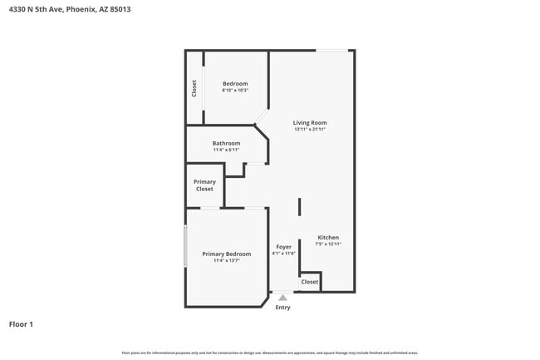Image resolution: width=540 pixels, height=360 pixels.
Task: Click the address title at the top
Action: coord(69,9)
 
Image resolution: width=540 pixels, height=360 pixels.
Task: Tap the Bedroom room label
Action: coord(235,83)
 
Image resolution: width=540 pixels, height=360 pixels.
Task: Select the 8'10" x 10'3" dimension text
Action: coord(235,91)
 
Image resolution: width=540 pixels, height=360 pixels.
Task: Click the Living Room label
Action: coord(310,123)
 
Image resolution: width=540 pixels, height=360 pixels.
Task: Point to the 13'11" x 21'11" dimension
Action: coord(310,130)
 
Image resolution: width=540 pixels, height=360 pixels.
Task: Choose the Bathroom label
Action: coord(226,143)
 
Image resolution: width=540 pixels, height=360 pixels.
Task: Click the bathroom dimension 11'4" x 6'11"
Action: coord(226,150)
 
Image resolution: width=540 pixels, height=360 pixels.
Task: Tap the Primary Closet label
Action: coord(204,185)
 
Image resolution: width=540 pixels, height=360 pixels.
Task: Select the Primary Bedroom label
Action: coord(226,254)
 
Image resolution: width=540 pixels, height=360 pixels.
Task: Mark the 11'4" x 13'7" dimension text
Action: coord(226,261)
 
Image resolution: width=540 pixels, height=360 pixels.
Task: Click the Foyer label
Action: coord(283,247)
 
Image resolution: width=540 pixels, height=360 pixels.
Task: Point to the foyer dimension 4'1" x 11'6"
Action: coord(283,254)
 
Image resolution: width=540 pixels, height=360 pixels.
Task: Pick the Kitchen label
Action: coord(328,237)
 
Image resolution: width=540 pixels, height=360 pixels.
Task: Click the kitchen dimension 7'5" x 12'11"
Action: coord(328,244)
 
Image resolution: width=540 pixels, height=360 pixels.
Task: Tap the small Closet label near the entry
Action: coord(310,282)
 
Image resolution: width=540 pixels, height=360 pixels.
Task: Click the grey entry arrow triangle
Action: coord(283,297)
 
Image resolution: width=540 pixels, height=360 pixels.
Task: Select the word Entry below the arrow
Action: coord(283,308)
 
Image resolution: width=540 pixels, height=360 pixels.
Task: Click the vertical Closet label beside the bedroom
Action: coord(194,88)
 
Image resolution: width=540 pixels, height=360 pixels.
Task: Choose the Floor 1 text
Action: coord(21,324)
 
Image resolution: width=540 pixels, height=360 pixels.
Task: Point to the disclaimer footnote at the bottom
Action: coord(269,353)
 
